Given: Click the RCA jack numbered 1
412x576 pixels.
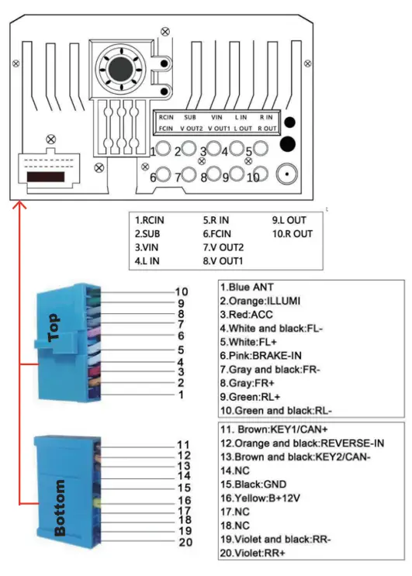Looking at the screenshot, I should tap(162, 150).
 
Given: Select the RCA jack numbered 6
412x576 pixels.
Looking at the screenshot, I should tap(163, 175).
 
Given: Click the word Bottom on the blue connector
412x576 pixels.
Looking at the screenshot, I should tap(59, 508).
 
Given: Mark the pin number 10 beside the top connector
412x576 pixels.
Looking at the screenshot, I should tap(182, 291).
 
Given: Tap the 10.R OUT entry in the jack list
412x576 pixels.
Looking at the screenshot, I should tap(293, 233).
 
